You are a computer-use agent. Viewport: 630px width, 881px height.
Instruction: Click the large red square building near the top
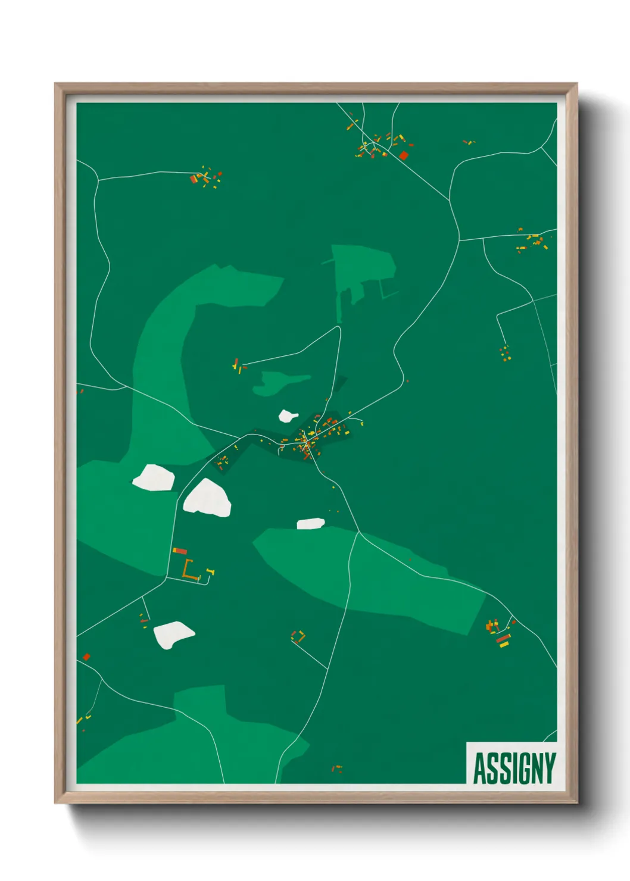404,156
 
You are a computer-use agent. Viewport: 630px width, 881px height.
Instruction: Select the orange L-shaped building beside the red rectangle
189,570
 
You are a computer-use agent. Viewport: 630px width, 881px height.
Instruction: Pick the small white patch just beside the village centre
288,415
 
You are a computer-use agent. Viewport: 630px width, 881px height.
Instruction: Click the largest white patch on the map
207,499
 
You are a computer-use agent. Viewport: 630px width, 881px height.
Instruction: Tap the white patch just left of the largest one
153,477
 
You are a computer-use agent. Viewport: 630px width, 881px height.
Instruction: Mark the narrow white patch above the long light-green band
311,523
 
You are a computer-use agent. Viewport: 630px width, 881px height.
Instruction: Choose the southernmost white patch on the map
173,635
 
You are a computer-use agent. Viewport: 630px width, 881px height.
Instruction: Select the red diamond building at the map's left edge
86,657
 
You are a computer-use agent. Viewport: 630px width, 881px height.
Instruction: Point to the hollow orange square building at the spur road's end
298,636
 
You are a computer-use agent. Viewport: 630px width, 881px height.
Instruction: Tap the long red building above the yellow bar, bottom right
503,638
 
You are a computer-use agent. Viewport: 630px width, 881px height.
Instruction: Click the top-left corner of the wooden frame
56,85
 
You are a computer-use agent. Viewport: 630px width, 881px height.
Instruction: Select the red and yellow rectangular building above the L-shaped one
179,551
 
